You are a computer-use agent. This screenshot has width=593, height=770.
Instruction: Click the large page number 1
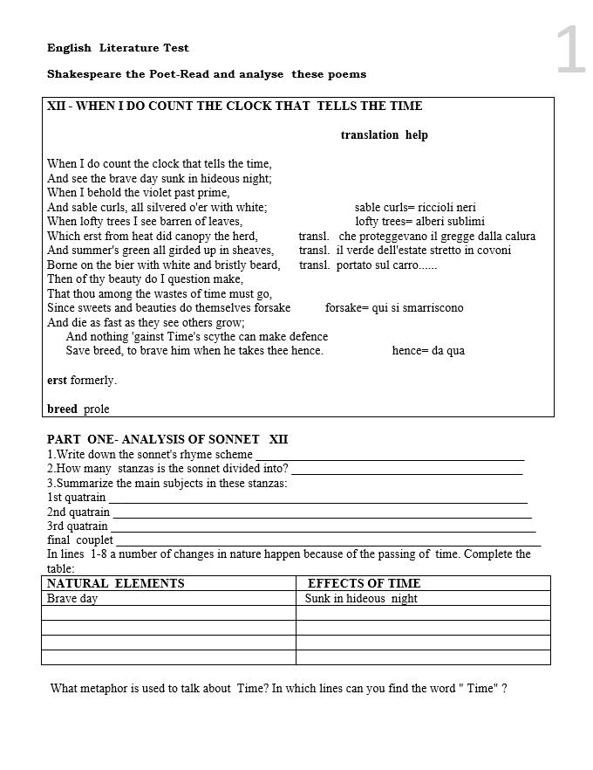(x=570, y=51)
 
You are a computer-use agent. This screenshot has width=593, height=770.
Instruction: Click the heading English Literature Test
(x=118, y=48)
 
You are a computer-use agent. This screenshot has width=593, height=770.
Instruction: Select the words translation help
(x=384, y=135)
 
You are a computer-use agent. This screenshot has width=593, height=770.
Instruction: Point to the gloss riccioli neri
(x=446, y=208)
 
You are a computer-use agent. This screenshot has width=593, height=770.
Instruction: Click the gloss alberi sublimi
(x=449, y=222)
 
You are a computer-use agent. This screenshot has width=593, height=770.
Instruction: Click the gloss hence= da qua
(x=428, y=351)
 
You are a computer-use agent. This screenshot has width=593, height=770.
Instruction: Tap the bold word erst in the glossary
(x=57, y=381)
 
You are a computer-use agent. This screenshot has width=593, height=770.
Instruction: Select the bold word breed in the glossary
(x=62, y=409)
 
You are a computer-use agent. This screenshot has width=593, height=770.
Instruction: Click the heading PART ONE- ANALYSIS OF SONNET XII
(x=167, y=439)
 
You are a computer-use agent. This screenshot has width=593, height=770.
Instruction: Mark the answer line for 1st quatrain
(x=318, y=499)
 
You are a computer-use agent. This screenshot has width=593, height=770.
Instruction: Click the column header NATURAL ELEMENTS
(x=116, y=583)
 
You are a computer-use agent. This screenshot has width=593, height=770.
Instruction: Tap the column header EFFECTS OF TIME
(x=364, y=583)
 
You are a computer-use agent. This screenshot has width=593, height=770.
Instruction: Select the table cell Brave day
(x=72, y=599)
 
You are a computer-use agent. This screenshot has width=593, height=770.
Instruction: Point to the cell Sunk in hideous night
(x=361, y=599)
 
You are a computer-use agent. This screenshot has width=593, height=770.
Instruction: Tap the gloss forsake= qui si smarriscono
(x=394, y=308)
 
